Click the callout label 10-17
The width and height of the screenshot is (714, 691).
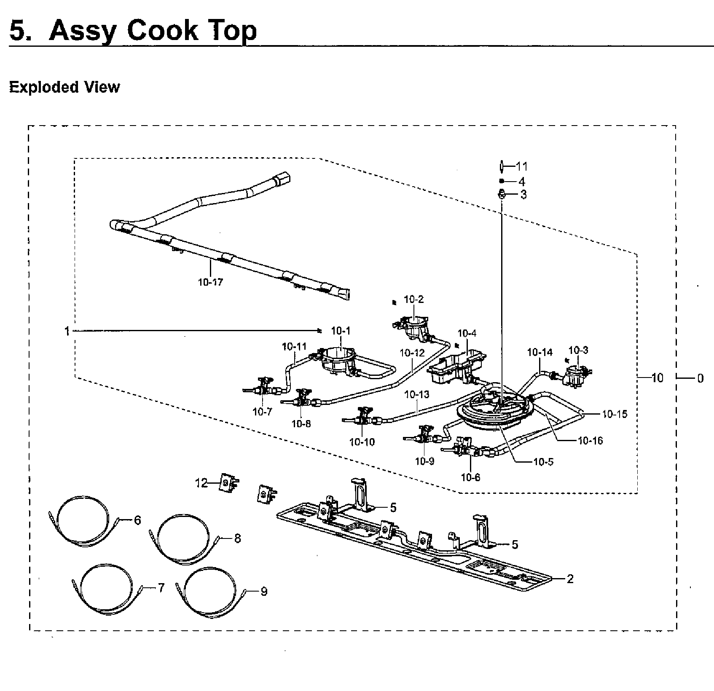[210, 282]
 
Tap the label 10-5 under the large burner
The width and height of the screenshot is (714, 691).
[543, 462]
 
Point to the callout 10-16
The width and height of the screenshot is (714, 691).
[590, 441]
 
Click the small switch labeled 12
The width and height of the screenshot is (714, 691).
[228, 483]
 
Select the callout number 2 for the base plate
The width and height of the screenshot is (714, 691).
[570, 579]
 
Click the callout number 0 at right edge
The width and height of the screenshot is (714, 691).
[700, 378]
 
